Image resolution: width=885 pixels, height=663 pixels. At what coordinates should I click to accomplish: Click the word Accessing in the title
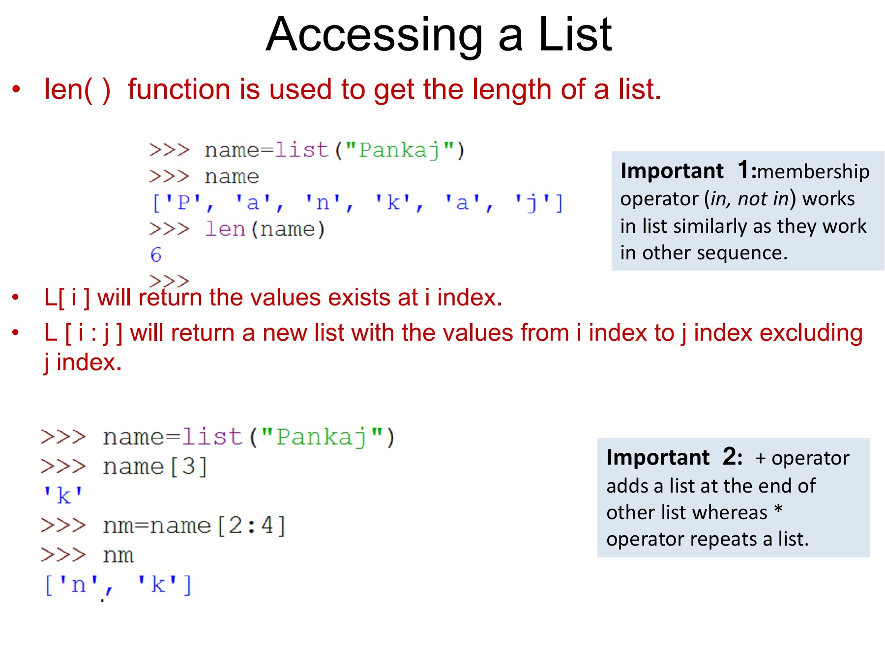[x=375, y=36]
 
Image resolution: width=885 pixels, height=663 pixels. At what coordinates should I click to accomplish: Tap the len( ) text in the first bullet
[x=77, y=90]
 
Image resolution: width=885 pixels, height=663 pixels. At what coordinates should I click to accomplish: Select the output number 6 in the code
[x=156, y=254]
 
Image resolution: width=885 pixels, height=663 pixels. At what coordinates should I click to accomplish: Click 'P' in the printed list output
[x=182, y=202]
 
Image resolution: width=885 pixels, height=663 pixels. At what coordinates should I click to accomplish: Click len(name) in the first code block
[x=265, y=229]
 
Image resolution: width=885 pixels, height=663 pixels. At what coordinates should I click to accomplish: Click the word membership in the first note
[x=814, y=171]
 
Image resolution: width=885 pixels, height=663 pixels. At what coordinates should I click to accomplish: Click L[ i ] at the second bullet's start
[x=67, y=298]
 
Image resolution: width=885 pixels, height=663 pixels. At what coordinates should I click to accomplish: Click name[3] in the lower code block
[x=155, y=466]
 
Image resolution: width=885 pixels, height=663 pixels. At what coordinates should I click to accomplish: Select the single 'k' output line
[x=63, y=496]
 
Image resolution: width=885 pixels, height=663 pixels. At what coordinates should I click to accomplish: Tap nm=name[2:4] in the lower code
[x=194, y=525]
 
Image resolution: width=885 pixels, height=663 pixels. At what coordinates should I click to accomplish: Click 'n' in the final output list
[x=79, y=584]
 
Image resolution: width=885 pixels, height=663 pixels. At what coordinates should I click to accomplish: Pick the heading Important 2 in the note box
[x=675, y=457]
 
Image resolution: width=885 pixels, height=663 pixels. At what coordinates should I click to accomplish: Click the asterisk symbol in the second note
[x=778, y=510]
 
